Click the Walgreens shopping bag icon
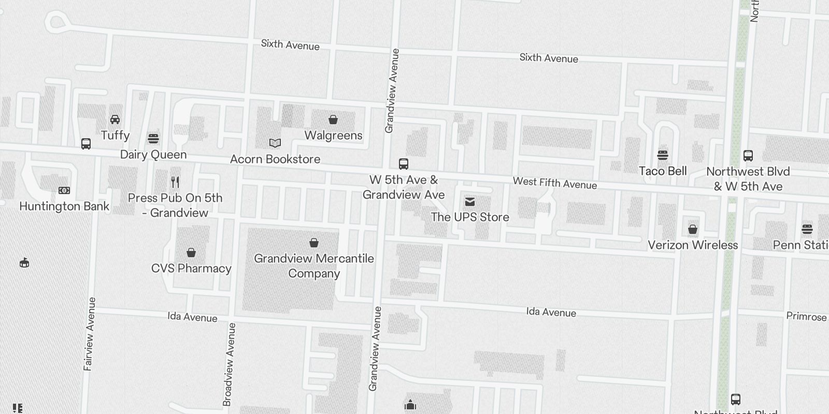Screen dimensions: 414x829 pyautogui.click(x=333, y=120)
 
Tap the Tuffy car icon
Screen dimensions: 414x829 pyautogui.click(x=115, y=120)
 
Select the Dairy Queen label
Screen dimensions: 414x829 pyautogui.click(x=153, y=154)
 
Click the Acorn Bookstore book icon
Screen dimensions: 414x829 pyautogui.click(x=275, y=143)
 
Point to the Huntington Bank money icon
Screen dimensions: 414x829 pyautogui.click(x=64, y=190)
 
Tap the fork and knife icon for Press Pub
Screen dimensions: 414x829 pyautogui.click(x=175, y=182)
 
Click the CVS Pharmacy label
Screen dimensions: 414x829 pyautogui.click(x=191, y=268)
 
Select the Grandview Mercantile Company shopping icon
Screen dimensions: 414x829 pyautogui.click(x=313, y=242)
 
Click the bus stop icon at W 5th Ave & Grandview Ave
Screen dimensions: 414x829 pyautogui.click(x=404, y=164)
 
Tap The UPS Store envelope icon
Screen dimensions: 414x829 pyautogui.click(x=470, y=201)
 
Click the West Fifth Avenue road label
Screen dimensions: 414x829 pyautogui.click(x=555, y=183)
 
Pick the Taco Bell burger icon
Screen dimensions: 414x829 pyautogui.click(x=662, y=155)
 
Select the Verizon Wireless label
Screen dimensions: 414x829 pyautogui.click(x=693, y=245)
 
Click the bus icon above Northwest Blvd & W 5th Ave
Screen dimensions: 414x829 pyautogui.click(x=748, y=155)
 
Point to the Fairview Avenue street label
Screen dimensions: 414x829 pyautogui.click(x=89, y=334)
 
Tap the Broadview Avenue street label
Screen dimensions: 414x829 pyautogui.click(x=229, y=364)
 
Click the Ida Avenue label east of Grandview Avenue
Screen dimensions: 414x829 pyautogui.click(x=551, y=312)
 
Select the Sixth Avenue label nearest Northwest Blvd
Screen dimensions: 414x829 pyautogui.click(x=549, y=58)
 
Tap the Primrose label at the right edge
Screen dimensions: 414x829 pyautogui.click(x=806, y=316)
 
